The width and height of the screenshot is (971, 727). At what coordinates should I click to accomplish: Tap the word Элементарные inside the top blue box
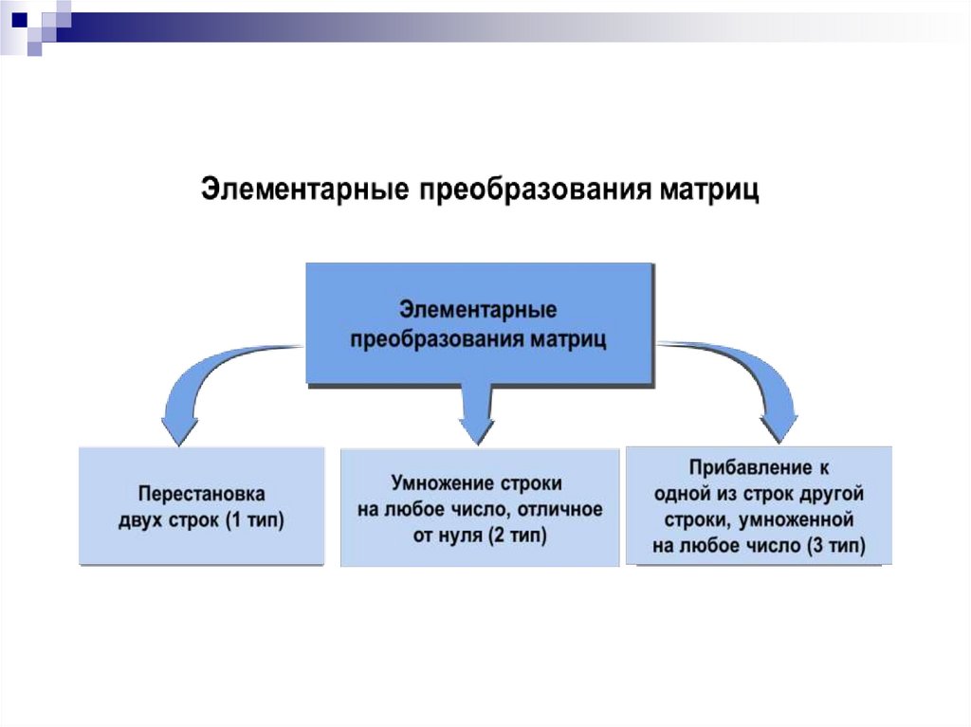tap(478, 310)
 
